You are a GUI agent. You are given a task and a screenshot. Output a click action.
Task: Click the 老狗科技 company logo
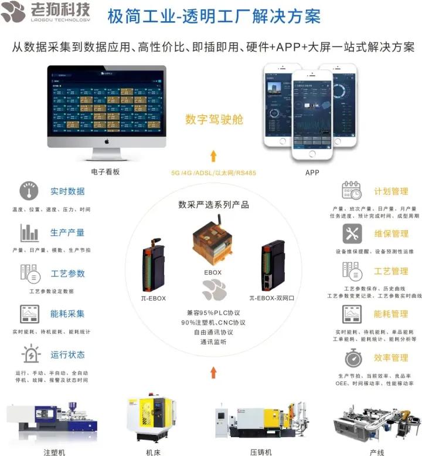pyautogui.click(x=47, y=14)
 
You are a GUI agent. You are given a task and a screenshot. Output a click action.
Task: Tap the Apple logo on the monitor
pyautogui.click(x=107, y=143)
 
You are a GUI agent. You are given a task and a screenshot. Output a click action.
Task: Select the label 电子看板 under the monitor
pyautogui.click(x=105, y=172)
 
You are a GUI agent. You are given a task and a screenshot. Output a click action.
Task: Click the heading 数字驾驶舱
pyautogui.click(x=214, y=120)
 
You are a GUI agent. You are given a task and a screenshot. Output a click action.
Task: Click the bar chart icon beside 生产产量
pyautogui.click(x=29, y=233)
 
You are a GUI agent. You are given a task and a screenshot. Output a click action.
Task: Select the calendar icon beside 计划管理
pyautogui.click(x=352, y=191)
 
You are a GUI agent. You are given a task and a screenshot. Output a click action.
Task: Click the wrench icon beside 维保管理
pyautogui.click(x=352, y=234)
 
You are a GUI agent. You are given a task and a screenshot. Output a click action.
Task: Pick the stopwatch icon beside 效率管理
pyautogui.click(x=352, y=357)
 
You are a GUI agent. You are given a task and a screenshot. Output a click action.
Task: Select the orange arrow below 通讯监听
pyautogui.click(x=213, y=371)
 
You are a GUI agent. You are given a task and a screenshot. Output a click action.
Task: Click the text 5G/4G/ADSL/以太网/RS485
pyautogui.click(x=213, y=173)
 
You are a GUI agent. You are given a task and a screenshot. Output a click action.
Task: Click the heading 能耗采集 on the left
pyautogui.click(x=67, y=314)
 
